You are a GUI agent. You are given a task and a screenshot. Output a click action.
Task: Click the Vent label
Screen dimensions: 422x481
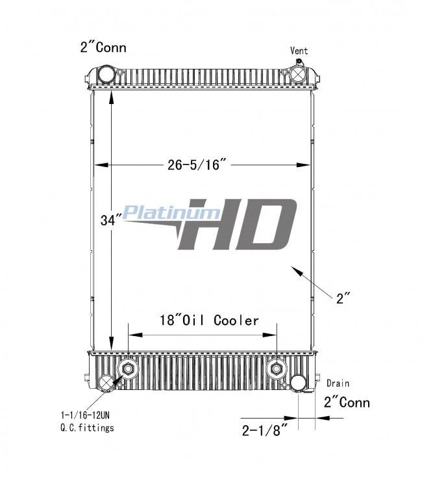point(299,51)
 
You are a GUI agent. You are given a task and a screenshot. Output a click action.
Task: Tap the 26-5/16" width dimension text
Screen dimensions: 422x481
point(197,164)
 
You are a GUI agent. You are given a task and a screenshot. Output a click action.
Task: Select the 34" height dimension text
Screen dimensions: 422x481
point(108,220)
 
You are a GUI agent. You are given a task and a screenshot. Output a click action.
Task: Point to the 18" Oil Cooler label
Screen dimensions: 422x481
point(209,320)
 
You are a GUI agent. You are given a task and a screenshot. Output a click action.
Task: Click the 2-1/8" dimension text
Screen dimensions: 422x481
point(265,430)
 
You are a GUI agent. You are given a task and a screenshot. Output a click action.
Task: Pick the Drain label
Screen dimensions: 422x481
point(338,383)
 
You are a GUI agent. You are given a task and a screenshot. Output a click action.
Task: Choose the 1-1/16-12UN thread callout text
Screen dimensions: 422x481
point(85,415)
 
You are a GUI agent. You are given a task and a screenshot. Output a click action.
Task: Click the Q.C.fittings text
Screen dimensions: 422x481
point(87,428)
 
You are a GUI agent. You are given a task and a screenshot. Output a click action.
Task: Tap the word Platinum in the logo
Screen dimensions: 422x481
point(171,212)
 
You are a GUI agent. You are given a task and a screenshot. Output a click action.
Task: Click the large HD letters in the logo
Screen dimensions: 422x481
point(238,224)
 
